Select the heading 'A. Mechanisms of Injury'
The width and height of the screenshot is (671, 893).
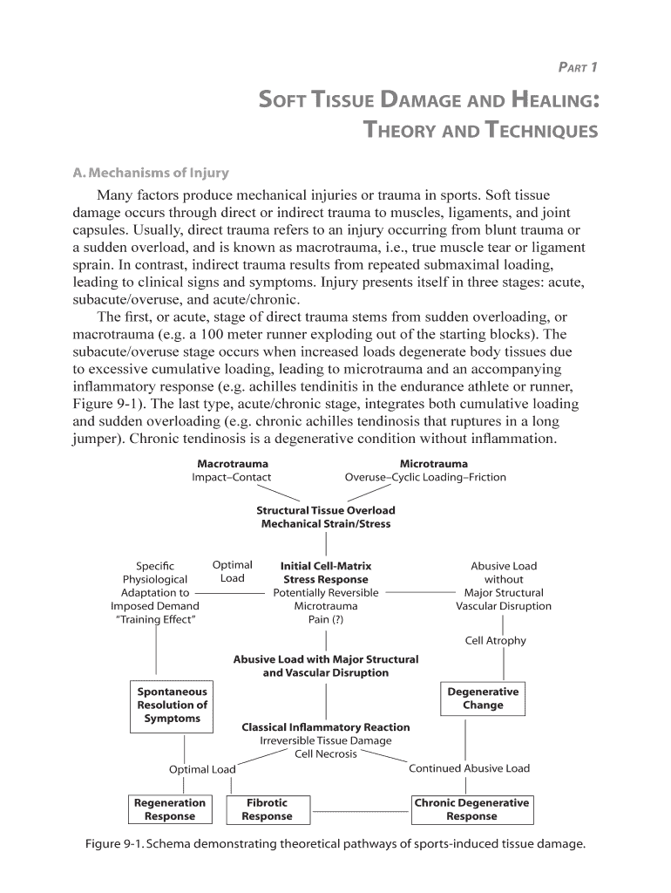[x=150, y=172]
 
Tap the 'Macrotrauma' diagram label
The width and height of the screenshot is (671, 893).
[x=232, y=464]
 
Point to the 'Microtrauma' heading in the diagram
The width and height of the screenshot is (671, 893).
[x=433, y=464]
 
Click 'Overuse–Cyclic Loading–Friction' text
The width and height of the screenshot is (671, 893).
[x=425, y=478]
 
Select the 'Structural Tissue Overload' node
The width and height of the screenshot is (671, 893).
[x=325, y=510]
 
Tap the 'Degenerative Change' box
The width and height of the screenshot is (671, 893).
[x=483, y=699]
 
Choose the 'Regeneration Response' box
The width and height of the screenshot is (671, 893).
[x=170, y=809]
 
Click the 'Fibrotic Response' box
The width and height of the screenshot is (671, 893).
[x=267, y=809]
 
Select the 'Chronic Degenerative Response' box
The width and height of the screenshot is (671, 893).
[x=471, y=809]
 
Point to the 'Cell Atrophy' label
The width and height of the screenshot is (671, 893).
[x=495, y=641]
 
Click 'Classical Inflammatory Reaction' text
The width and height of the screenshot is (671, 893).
[x=325, y=727]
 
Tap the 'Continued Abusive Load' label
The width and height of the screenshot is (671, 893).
[x=469, y=768]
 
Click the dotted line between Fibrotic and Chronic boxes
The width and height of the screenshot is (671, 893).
[x=360, y=811]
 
